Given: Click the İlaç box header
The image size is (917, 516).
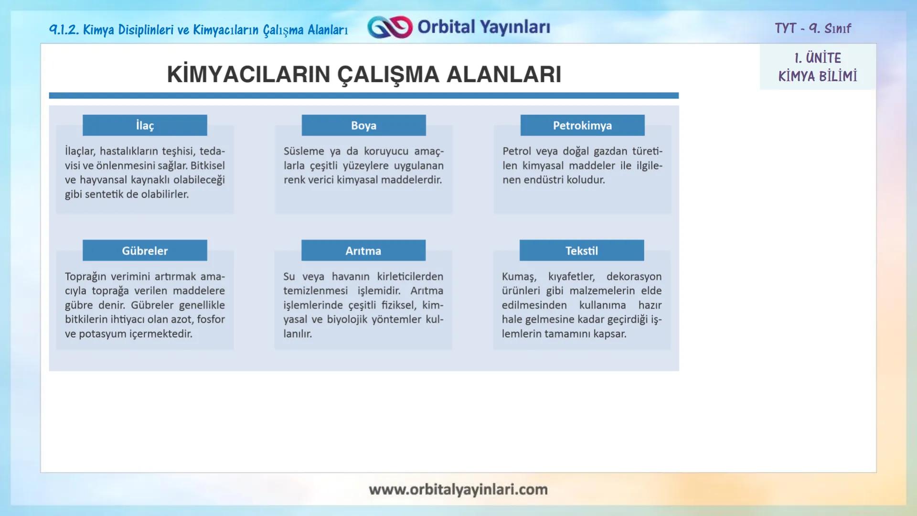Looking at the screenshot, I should pyautogui.click(x=145, y=125).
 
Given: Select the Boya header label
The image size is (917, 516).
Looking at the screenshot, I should pyautogui.click(x=363, y=125).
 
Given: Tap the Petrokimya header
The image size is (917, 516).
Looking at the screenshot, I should pyautogui.click(x=582, y=125).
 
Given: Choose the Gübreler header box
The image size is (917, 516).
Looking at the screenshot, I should pyautogui.click(x=145, y=250).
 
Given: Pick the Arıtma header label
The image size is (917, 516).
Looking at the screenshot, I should pyautogui.click(x=363, y=250).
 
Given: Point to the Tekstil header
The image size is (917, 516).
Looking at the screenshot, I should pyautogui.click(x=581, y=250).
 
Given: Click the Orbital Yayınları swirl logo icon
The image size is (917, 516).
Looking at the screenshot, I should pyautogui.click(x=390, y=27).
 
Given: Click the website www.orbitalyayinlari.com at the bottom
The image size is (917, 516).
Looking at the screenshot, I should pyautogui.click(x=458, y=489).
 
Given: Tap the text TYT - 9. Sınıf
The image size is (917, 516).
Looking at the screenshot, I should pyautogui.click(x=812, y=28).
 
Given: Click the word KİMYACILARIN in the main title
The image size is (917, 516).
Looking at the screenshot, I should pyautogui.click(x=248, y=75).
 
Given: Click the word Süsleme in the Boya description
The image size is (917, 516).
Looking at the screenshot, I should pyautogui.click(x=304, y=151).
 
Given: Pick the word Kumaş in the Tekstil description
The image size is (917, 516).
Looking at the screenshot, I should pyautogui.click(x=518, y=277).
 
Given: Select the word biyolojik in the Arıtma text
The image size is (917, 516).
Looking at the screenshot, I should pyautogui.click(x=347, y=320).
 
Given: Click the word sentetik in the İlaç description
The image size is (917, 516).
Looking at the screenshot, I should pyautogui.click(x=104, y=194).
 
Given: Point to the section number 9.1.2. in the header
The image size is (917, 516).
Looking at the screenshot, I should pyautogui.click(x=64, y=30).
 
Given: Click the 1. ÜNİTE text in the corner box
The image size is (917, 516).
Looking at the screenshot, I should pyautogui.click(x=818, y=58).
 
